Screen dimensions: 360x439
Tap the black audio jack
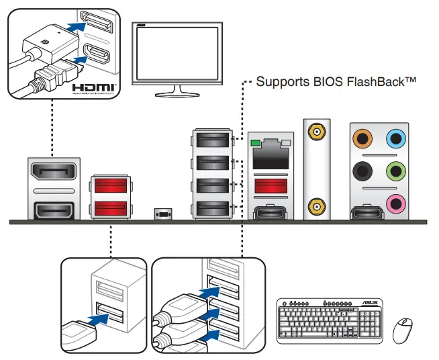pyautogui.click(x=363, y=171)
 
